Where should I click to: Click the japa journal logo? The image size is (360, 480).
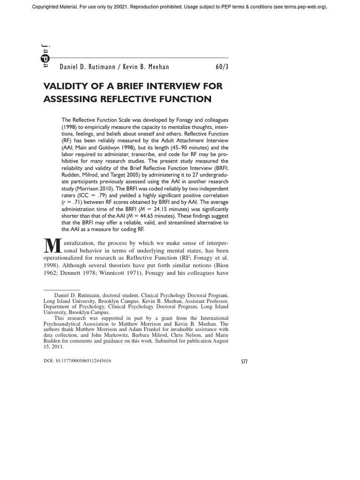click(x=45, y=56)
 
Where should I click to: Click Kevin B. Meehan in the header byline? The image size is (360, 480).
click(x=145, y=67)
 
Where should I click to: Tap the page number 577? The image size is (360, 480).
click(x=244, y=362)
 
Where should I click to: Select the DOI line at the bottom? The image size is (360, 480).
click(x=77, y=360)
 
